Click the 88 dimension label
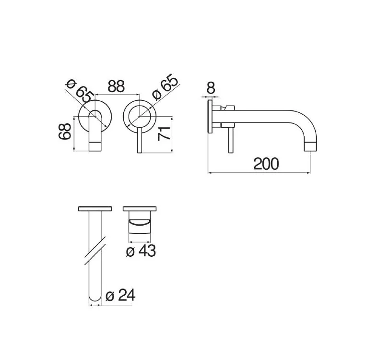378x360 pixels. point(116,86)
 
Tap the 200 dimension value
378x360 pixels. point(266,164)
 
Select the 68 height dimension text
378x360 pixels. point(65,131)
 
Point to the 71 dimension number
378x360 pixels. point(164,133)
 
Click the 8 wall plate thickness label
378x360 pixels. point(211,87)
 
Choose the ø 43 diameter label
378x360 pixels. point(141,251)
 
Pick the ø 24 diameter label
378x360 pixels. point(120,295)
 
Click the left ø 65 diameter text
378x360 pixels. point(80,91)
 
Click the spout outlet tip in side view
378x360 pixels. point(310,147)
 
